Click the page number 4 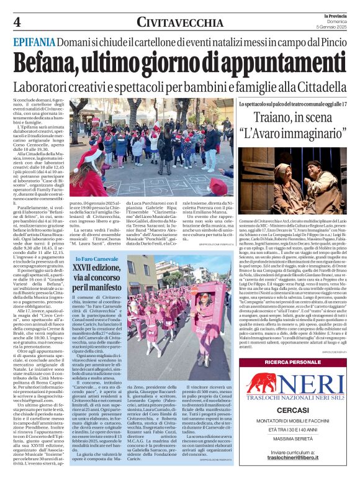tap(17, 22)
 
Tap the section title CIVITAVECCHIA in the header tap(180, 22)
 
